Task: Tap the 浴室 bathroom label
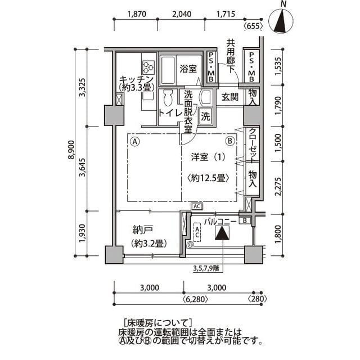(188, 69)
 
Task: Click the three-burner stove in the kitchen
(148, 67)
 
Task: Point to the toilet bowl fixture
(166, 101)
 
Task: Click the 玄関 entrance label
(230, 97)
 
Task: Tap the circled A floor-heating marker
(135, 142)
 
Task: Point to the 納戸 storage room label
(144, 229)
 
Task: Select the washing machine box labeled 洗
(206, 118)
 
